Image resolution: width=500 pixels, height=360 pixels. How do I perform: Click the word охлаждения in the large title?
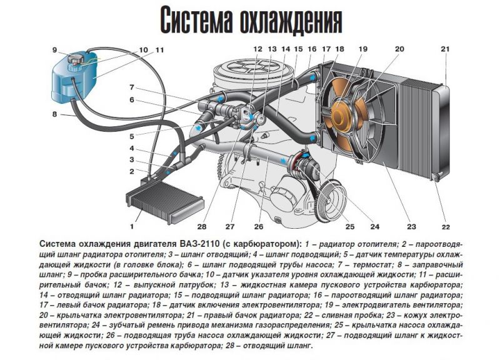[290, 21]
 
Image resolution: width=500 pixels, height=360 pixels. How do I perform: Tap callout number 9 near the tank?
[55, 50]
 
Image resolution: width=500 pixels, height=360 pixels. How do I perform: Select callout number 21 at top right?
[445, 49]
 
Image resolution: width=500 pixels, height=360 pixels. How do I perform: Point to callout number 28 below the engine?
[202, 227]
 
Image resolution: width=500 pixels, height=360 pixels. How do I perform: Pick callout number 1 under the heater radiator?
[132, 227]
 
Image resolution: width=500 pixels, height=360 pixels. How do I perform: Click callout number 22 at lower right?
[446, 227]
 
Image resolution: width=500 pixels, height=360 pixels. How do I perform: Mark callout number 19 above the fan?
[363, 49]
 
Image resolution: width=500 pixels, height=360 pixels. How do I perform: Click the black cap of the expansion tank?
[76, 59]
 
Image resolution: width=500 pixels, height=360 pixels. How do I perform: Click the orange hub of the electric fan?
[342, 116]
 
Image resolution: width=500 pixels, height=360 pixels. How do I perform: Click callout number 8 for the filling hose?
[54, 114]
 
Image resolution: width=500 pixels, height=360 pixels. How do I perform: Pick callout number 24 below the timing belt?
[375, 227]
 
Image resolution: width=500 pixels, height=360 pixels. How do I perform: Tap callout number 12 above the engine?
[257, 49]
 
